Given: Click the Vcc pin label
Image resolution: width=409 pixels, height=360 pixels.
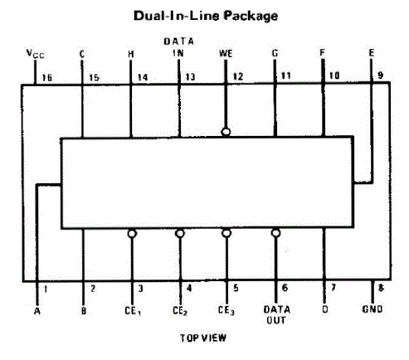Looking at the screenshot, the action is [x=35, y=54].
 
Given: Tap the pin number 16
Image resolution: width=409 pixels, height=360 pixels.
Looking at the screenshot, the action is [x=47, y=78].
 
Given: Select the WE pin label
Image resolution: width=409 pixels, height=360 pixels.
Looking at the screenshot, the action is [x=226, y=53].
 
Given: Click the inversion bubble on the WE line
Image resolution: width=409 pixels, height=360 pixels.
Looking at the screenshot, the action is [x=226, y=132].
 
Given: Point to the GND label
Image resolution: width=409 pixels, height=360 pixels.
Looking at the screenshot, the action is [x=372, y=309].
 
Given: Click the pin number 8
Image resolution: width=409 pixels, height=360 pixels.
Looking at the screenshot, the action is [x=381, y=288].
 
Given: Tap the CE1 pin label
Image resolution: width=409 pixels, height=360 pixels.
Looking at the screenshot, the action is [x=133, y=311].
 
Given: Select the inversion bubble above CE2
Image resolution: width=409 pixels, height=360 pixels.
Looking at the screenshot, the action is [x=180, y=234].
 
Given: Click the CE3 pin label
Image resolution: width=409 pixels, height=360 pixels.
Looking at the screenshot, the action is [x=226, y=310].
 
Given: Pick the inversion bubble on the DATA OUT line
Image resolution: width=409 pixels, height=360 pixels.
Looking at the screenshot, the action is [x=275, y=233].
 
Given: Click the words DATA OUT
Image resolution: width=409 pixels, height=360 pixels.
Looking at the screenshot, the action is [x=277, y=314].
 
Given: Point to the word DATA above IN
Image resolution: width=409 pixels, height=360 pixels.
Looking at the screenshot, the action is [x=178, y=41].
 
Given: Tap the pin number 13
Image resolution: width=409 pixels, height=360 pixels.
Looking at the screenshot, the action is [x=190, y=77].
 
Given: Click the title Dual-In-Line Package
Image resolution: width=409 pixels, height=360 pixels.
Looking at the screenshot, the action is [x=206, y=16].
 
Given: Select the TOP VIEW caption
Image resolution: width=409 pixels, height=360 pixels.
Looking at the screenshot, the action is [x=203, y=338].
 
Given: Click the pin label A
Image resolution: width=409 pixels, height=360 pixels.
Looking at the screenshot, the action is [x=37, y=311].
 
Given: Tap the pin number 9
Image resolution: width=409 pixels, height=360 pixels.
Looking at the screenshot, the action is [x=381, y=75].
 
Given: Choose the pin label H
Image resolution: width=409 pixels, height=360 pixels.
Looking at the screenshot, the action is [x=131, y=54].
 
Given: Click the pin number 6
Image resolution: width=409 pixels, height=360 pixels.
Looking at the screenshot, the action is [x=285, y=288].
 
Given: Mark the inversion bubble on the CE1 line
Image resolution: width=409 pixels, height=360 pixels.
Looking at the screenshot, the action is [x=132, y=234].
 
